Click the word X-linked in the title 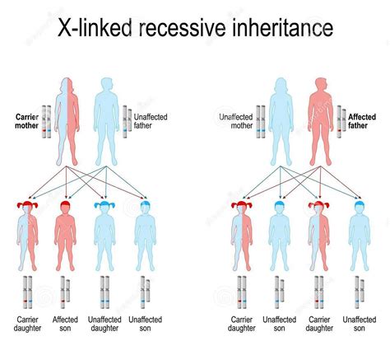[95, 27]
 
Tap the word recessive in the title [183, 27]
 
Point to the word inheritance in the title [283, 27]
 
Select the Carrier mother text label [27, 121]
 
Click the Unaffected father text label [151, 121]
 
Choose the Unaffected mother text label [236, 121]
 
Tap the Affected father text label [362, 121]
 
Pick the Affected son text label [65, 324]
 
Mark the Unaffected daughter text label [104, 324]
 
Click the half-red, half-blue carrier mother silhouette [67, 121]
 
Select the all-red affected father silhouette [321, 121]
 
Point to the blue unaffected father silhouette [106, 121]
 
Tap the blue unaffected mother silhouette [281, 121]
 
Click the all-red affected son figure [65, 236]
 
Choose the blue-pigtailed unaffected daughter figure [104, 236]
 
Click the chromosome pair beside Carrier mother [46, 122]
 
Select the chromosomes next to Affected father [341, 122]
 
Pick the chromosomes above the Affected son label [65, 292]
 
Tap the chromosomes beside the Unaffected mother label [261, 122]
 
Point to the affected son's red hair [65, 203]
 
